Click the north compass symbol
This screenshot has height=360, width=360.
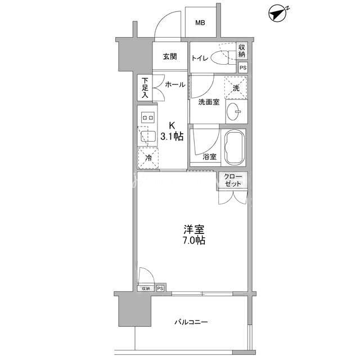coord(278,13)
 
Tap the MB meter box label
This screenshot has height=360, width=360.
coord(200,22)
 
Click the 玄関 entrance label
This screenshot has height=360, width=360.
coord(170,56)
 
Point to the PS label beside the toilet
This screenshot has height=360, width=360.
coord(243,67)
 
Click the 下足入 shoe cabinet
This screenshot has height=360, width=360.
coord(145,88)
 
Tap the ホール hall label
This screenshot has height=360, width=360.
coord(175,85)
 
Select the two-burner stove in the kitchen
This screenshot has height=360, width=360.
coord(147,118)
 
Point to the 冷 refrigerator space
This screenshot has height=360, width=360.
coord(148,158)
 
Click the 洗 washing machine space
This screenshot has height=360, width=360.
coord(236,88)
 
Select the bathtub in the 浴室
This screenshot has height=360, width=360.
coord(234,147)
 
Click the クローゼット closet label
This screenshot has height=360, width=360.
coord(233,180)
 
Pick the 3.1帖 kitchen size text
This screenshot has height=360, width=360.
coord(172,137)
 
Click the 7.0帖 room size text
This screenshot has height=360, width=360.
coord(194,240)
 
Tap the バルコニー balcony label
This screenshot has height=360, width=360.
coord(191,322)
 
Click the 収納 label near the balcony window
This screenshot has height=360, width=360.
coord(146,289)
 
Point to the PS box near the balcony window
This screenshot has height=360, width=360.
coord(160,289)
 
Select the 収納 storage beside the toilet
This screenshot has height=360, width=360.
coord(242,51)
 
